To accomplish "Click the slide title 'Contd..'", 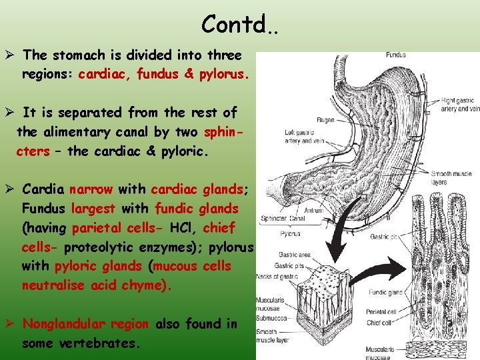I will point(240,25).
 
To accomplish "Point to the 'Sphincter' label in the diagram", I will point(275,217).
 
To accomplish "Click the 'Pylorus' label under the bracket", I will point(289,234).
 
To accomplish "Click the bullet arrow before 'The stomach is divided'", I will point(11,55).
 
